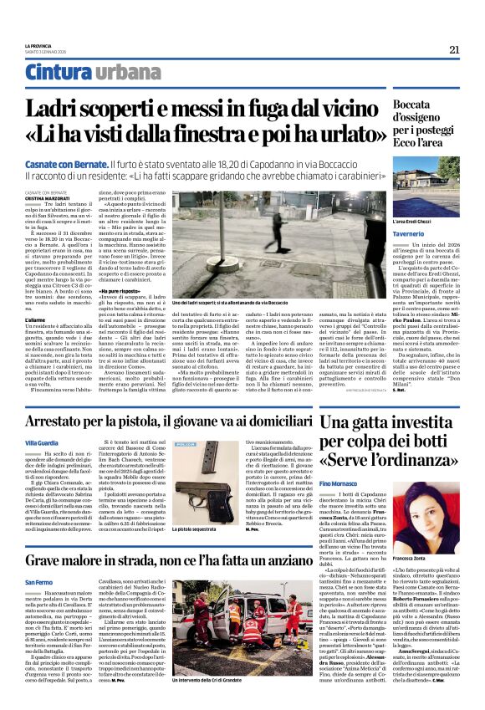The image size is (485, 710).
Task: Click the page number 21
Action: (x=453, y=49)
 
